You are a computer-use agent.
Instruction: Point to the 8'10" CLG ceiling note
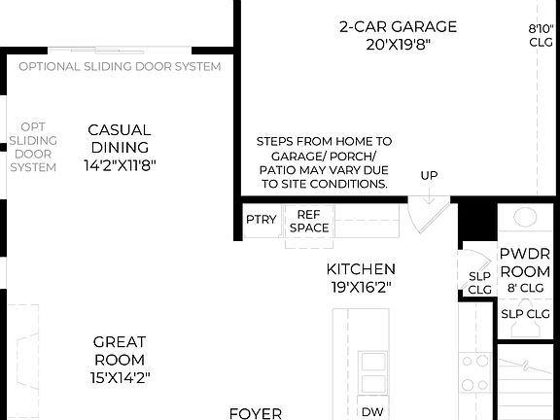tap(541, 35)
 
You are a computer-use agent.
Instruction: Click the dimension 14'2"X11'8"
tap(119, 165)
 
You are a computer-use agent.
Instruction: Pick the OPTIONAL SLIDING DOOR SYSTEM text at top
tap(120, 66)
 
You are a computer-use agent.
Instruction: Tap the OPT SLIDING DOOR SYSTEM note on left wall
tap(33, 147)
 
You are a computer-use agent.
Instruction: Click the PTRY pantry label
tap(261, 220)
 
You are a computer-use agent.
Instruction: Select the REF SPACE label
tap(309, 221)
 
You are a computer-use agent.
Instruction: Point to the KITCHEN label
tap(361, 269)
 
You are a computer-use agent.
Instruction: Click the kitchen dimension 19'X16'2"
tap(361, 288)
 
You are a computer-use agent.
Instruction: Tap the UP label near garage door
tap(429, 176)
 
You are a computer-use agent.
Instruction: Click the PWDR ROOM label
tap(525, 262)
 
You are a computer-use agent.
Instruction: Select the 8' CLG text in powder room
tap(525, 289)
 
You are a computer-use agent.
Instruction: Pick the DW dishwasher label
tap(372, 411)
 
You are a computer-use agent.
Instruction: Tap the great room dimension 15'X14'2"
tap(120, 376)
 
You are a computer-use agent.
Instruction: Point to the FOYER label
tap(256, 413)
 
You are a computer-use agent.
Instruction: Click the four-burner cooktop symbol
tap(474, 372)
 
